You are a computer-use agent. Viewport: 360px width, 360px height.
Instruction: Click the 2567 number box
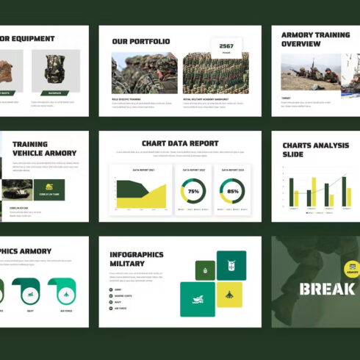(226, 47)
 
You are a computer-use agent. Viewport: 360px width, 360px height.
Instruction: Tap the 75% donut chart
(193, 191)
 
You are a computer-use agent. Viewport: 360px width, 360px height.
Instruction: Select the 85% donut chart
(233, 191)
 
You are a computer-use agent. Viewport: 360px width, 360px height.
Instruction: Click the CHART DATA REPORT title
(180, 143)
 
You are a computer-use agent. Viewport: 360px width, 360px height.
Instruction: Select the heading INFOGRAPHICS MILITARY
(136, 259)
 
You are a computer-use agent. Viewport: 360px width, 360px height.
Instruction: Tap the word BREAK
(326, 288)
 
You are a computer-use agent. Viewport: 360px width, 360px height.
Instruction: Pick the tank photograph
(17, 190)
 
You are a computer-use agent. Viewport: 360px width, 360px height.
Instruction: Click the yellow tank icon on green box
(49, 189)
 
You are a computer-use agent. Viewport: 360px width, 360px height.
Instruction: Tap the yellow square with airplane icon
(229, 295)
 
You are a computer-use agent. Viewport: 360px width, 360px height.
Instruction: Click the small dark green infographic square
(205, 270)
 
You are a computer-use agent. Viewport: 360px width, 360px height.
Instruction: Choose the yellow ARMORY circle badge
(352, 268)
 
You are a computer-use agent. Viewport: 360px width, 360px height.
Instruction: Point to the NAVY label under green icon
(31, 311)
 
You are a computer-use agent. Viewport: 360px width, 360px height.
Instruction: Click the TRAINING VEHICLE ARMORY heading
(40, 148)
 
